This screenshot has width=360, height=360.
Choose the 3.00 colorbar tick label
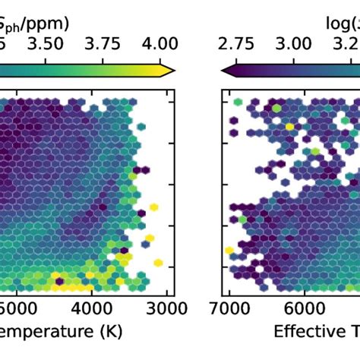292,43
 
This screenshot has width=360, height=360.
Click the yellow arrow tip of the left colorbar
170,70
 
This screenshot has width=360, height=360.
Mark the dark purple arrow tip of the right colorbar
226,70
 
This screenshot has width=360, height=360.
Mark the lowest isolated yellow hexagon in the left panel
158,263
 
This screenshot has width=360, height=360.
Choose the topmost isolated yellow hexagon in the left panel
154,206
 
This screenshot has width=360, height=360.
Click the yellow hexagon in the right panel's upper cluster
289,127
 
